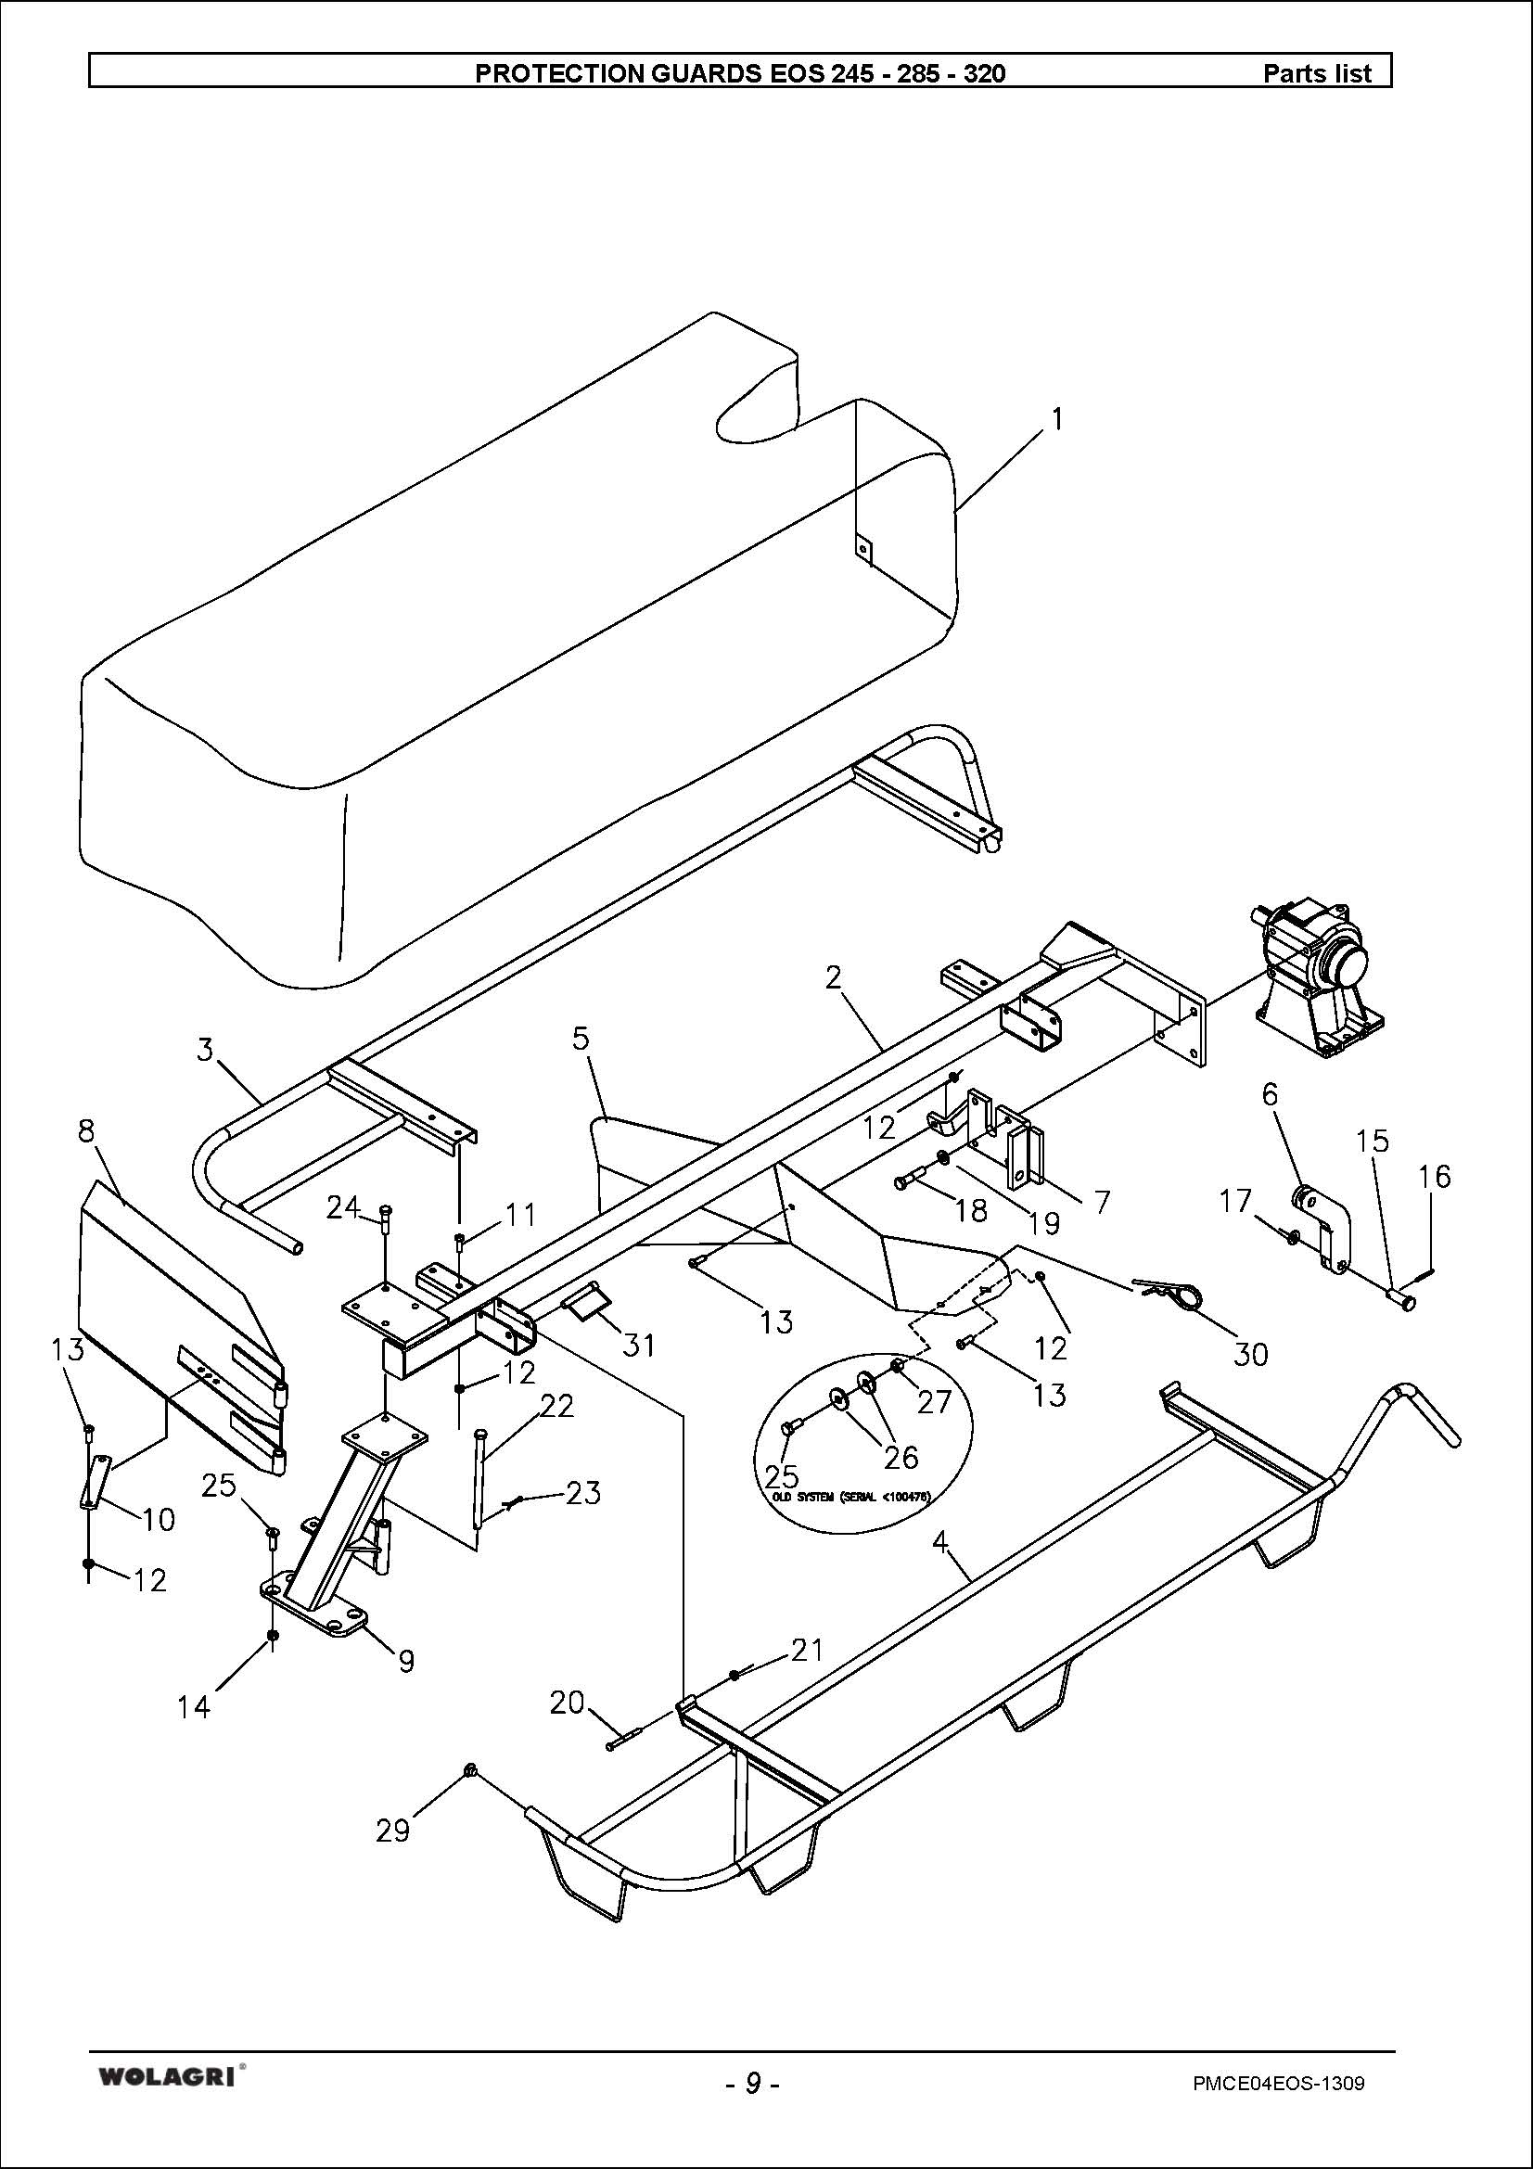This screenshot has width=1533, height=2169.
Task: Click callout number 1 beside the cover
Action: (x=1058, y=417)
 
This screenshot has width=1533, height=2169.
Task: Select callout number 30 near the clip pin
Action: (x=1250, y=1354)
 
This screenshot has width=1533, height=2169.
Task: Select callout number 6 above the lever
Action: (x=1270, y=1095)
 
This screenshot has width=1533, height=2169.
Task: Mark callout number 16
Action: (x=1434, y=1176)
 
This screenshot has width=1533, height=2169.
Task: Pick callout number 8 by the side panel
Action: (x=87, y=1129)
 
